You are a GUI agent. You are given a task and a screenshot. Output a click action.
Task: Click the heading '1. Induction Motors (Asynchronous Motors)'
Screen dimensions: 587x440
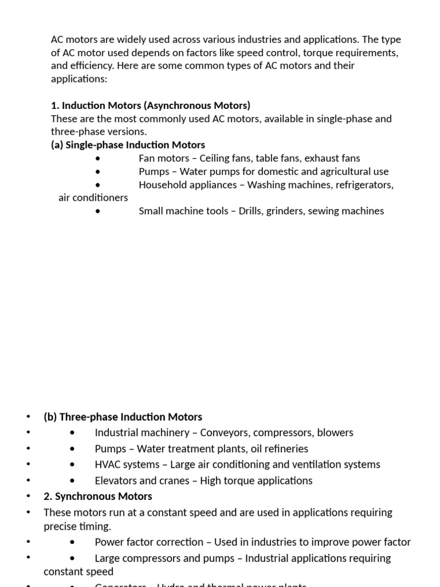click(x=151, y=105)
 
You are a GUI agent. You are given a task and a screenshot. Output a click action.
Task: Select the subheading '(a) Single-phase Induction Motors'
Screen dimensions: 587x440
click(x=128, y=145)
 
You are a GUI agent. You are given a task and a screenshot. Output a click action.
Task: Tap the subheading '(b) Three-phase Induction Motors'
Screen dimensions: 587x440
click(x=123, y=417)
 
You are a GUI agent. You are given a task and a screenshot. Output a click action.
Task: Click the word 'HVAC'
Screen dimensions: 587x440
click(x=108, y=464)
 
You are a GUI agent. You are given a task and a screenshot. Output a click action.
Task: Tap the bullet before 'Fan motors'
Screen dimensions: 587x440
click(x=99, y=159)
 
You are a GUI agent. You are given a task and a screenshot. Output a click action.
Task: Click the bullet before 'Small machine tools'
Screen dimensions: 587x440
click(x=99, y=212)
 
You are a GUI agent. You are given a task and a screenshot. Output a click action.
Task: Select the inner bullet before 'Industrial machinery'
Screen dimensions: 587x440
click(x=72, y=433)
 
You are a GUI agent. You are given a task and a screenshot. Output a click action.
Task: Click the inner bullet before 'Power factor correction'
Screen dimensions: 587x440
click(x=72, y=542)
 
